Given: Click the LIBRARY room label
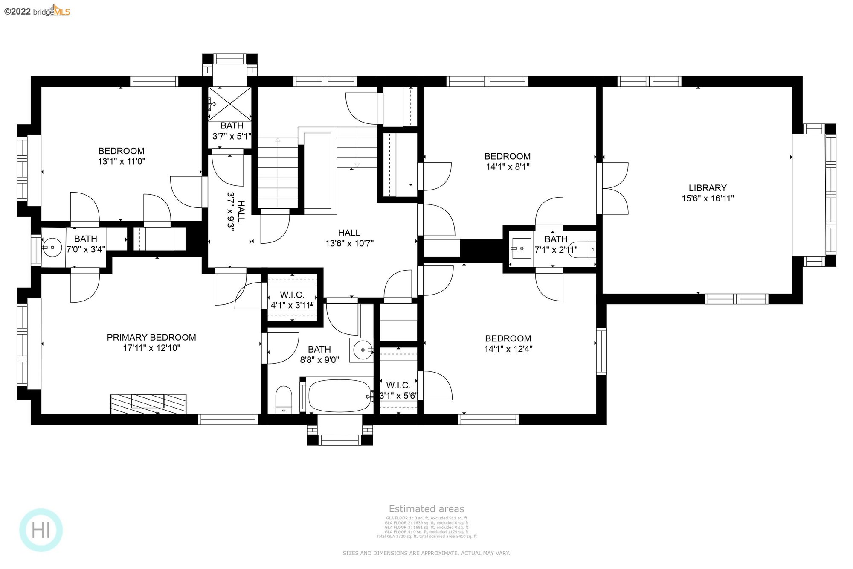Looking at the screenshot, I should coord(708,188).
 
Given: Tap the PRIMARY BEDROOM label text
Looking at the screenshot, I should coord(151,337).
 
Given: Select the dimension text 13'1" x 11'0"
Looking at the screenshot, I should coord(122,161).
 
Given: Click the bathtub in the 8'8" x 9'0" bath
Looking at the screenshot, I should coord(339,396).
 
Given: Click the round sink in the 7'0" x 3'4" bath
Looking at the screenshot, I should coord(52,247).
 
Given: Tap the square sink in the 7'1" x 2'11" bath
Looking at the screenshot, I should coord(521,248).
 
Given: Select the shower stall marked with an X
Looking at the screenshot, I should coord(229,104).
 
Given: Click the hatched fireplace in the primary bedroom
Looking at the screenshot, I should coord(148,404).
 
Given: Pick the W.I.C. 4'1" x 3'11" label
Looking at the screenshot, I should coord(292,300).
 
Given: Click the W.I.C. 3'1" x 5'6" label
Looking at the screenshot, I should coord(398,391).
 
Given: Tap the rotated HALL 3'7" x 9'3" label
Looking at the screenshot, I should coord(236,211).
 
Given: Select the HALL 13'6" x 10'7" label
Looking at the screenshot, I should coord(349,238).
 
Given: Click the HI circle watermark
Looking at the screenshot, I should coord(41,530).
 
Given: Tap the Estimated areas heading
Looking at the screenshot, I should coord(426,509).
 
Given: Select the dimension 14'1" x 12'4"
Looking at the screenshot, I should coord(508,349).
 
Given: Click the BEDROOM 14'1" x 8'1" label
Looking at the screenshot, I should coord(508,161).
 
